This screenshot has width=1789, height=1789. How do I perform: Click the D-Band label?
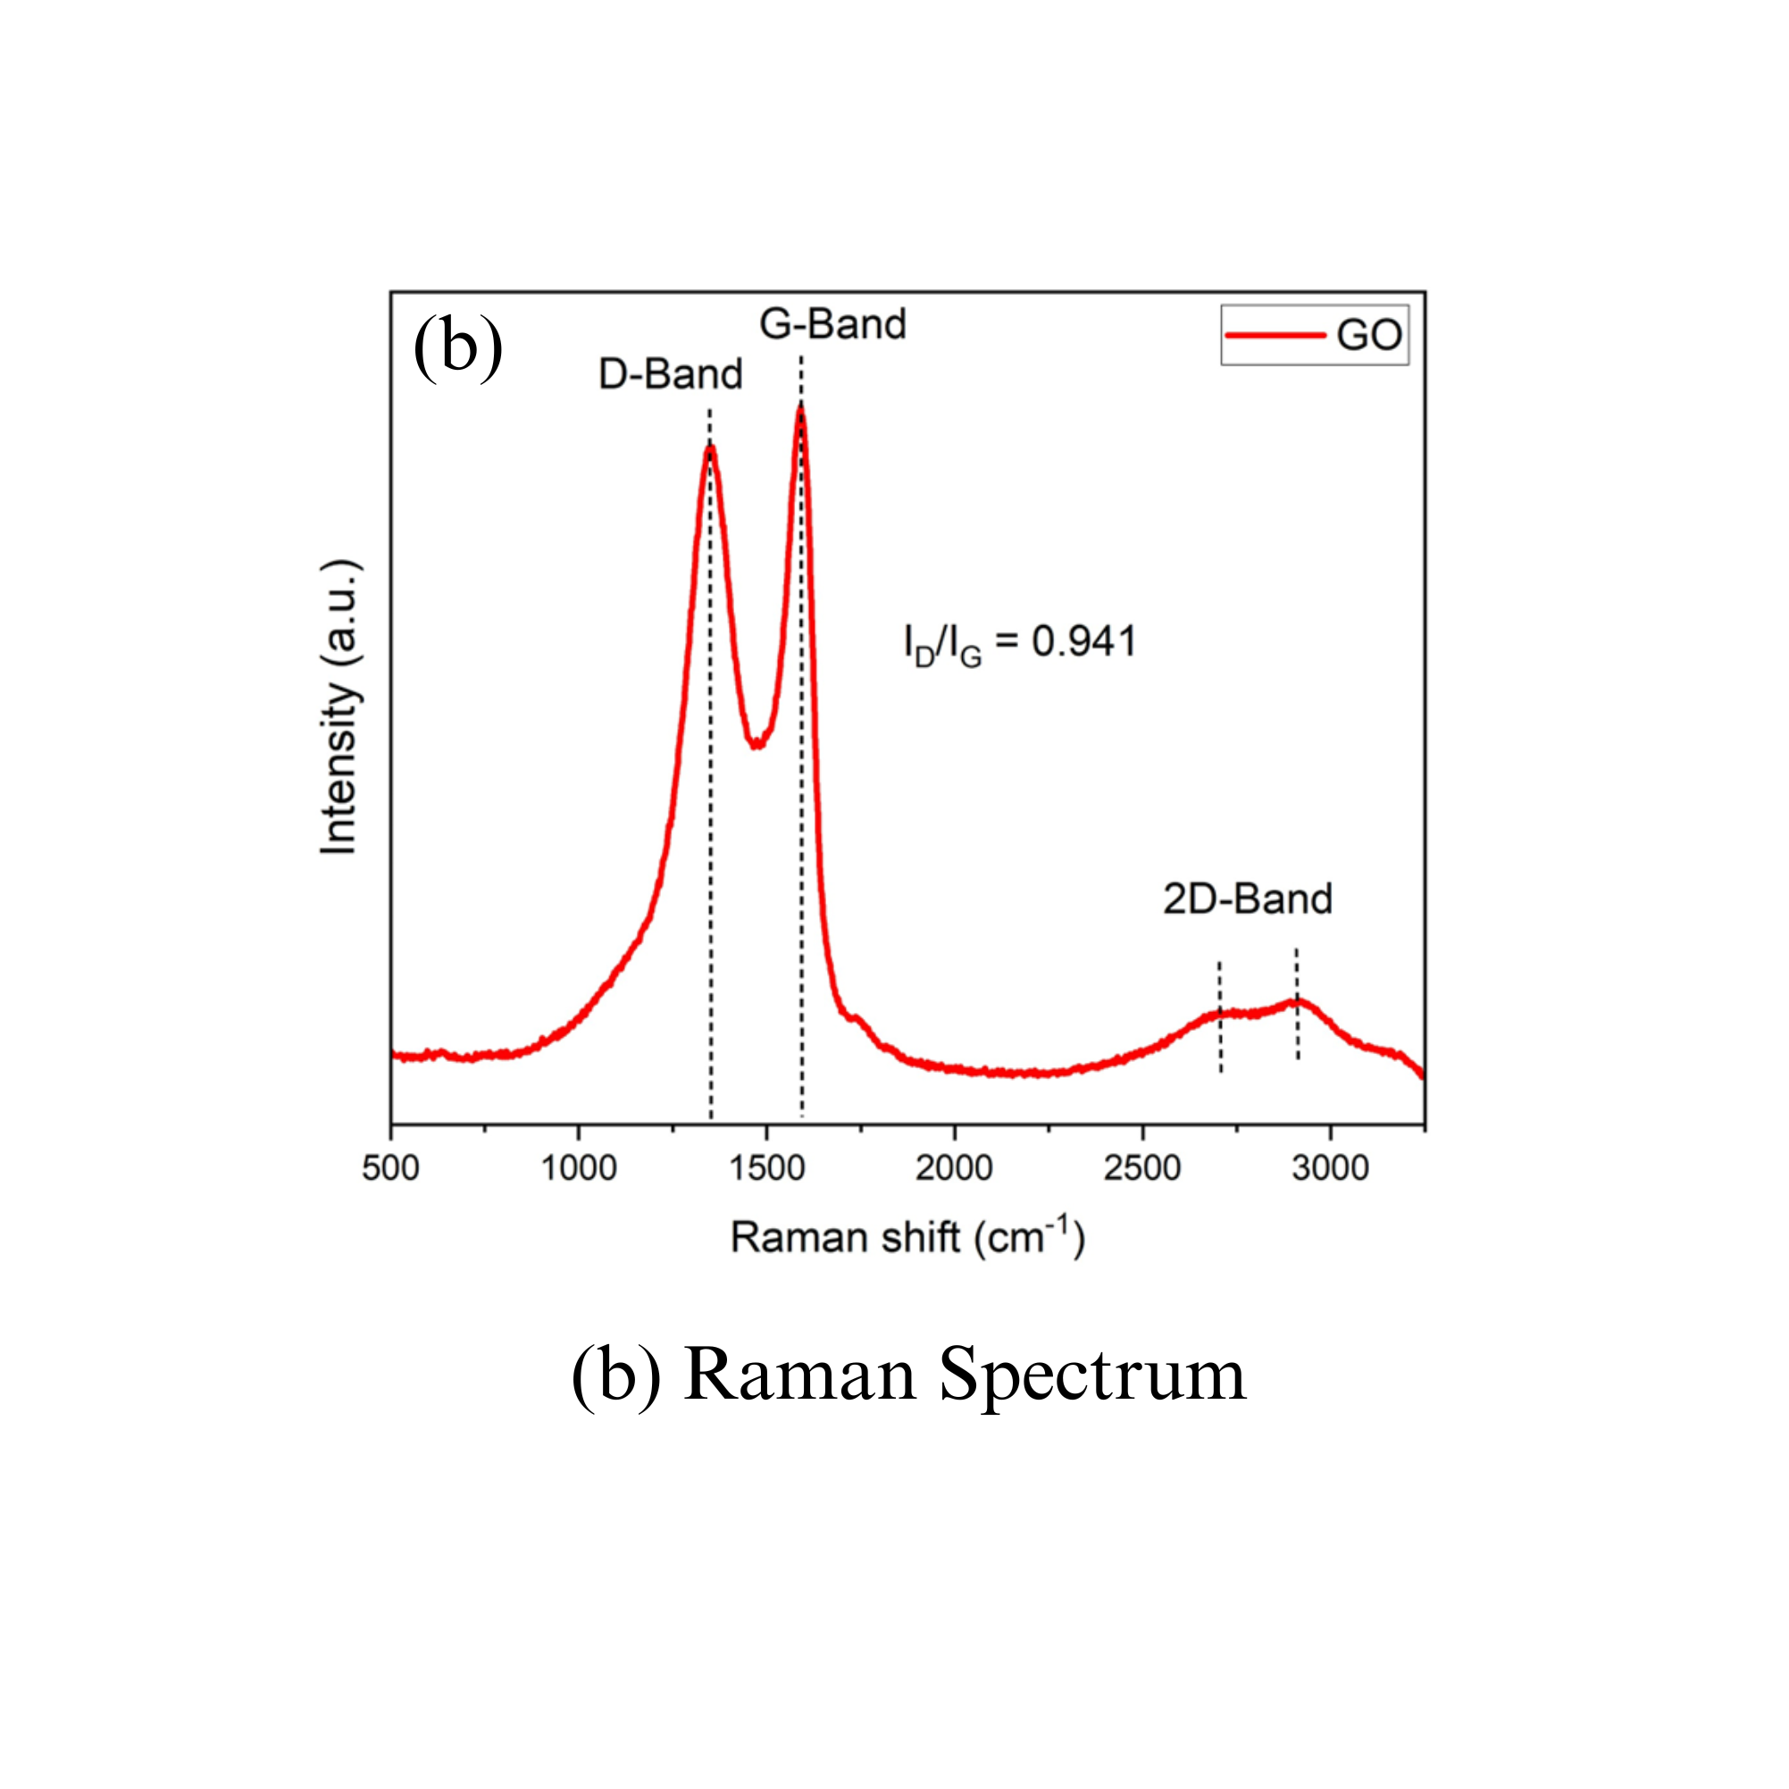point(671,374)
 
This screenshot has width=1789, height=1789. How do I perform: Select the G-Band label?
point(832,324)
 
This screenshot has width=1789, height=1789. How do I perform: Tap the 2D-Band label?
point(1248,899)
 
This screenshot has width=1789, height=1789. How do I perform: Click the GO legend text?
point(1368,335)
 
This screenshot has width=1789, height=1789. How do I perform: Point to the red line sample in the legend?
point(1275,335)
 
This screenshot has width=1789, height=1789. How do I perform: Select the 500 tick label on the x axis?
point(391,1168)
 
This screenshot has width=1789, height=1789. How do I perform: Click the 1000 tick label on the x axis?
point(579,1168)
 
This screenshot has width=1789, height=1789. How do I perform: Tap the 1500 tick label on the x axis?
point(766,1168)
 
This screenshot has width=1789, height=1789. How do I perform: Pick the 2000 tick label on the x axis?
point(955,1168)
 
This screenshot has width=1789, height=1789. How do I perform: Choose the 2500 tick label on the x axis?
point(1142,1168)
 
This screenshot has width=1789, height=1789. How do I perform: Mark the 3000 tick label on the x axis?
point(1331,1168)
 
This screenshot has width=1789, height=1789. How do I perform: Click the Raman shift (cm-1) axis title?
point(907,1237)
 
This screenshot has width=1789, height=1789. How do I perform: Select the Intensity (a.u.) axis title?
point(339,707)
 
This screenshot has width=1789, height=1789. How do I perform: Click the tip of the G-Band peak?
point(801,409)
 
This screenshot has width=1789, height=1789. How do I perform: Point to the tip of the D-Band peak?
point(710,448)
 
